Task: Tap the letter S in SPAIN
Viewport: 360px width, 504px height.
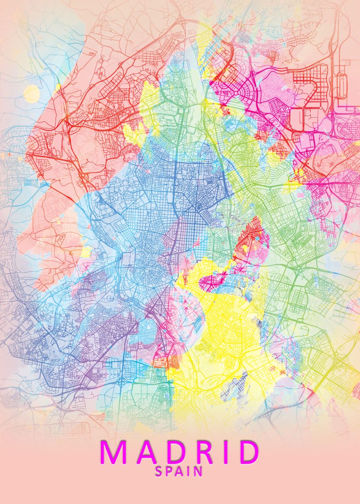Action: pos(159,472)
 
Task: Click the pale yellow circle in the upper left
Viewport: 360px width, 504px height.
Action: pos(32,94)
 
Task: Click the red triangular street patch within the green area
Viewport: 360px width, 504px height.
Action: pos(252,237)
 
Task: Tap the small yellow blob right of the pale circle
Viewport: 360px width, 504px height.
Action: pos(58,87)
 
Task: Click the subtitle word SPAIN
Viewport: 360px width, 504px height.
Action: pos(179,472)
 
